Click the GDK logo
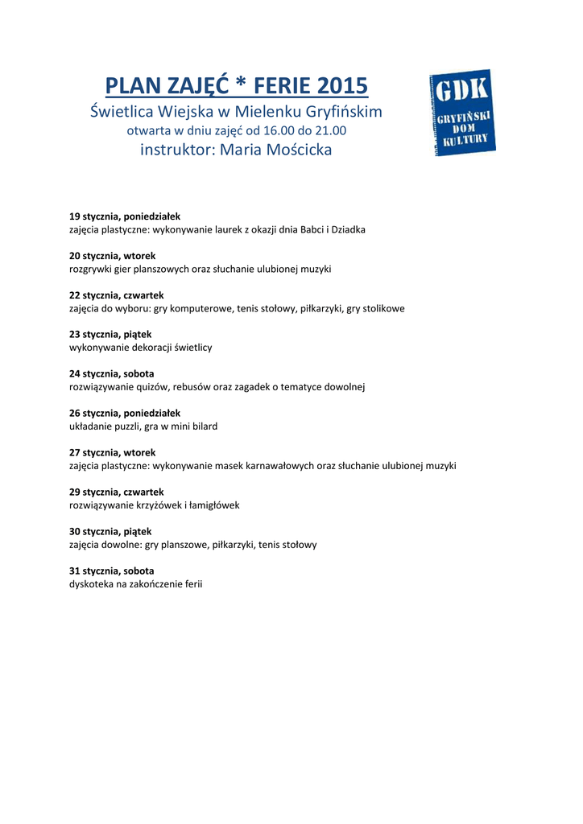pos(462,113)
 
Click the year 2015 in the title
pos(341,85)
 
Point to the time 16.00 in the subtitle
pos(280,130)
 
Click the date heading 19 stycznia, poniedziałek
pos(125,216)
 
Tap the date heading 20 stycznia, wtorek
pos(112,256)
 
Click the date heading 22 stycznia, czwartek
pos(116,295)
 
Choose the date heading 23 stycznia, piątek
pos(110,334)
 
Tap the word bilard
pos(204,426)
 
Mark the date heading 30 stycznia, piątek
pos(110,531)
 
